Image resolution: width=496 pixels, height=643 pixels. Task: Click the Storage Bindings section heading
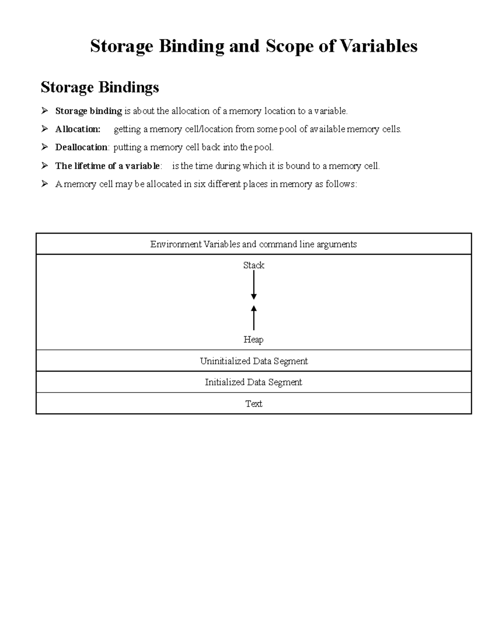100,87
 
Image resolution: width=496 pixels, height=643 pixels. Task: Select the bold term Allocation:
78,129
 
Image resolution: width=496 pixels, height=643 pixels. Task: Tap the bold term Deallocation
81,147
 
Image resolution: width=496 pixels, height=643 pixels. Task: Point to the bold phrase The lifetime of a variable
107,166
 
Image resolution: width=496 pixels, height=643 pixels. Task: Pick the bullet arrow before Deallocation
45,147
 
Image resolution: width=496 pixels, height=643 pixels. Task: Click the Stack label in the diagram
253,265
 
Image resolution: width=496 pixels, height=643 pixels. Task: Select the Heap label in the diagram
253,340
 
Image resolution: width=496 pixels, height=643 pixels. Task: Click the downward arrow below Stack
254,285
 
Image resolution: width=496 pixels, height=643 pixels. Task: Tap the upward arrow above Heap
254,318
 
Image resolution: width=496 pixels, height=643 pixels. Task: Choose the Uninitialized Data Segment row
253,361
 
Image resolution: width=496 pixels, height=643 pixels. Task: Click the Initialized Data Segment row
253,382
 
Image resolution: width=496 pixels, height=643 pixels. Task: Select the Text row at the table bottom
253,404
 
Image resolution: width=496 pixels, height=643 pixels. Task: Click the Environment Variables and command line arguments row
253,244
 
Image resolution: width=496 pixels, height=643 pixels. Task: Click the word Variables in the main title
378,46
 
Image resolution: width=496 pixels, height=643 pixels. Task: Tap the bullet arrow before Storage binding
45,111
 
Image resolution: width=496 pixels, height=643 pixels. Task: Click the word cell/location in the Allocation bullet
209,129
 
